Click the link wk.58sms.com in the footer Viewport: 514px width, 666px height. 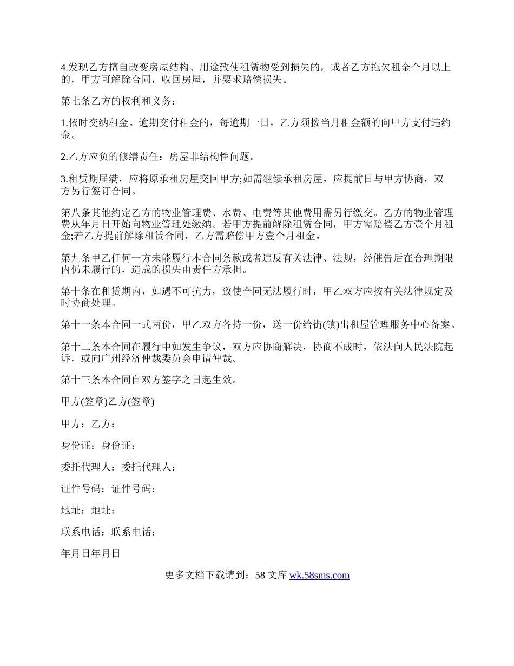pyautogui.click(x=319, y=576)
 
